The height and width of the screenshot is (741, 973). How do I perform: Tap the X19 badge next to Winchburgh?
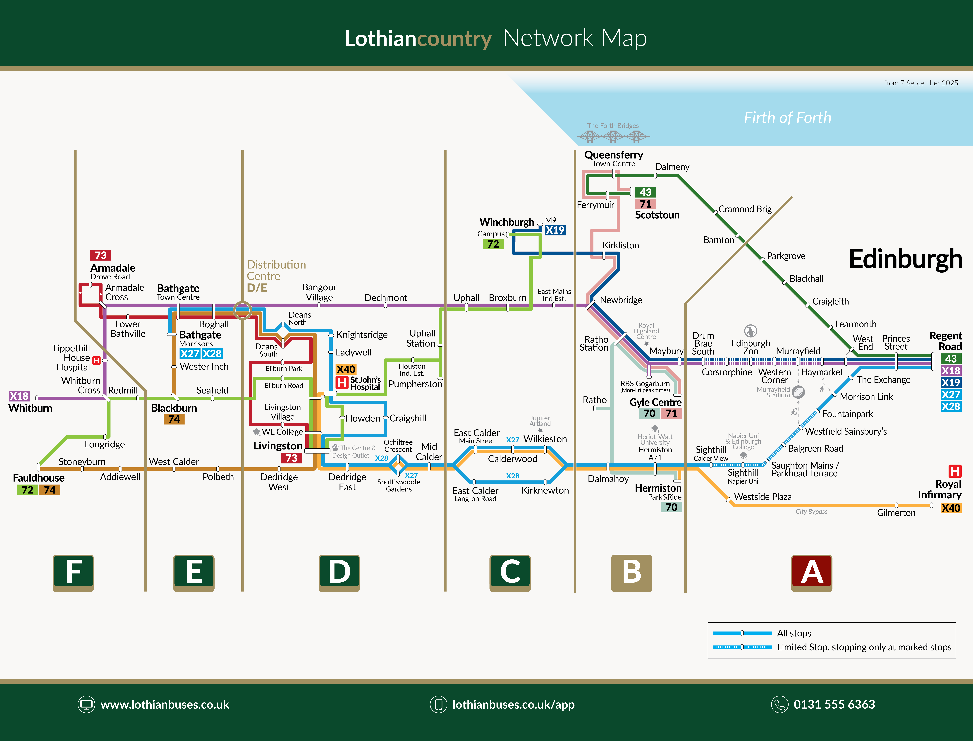click(555, 230)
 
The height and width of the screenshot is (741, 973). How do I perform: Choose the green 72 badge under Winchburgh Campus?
click(493, 244)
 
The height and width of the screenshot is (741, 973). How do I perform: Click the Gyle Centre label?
click(655, 402)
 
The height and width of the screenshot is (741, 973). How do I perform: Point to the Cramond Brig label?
click(745, 209)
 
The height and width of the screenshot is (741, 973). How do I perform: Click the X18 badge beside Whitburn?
click(19, 396)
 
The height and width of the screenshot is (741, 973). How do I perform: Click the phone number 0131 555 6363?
click(834, 704)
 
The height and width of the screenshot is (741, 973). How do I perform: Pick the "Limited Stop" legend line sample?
click(742, 647)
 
